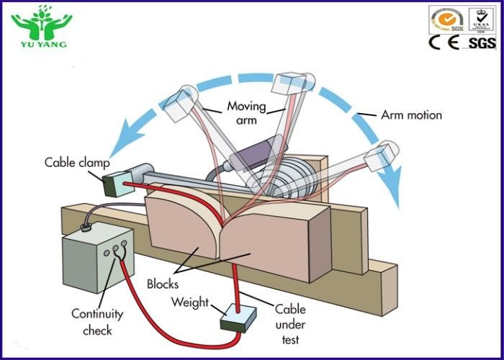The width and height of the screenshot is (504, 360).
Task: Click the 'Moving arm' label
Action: click(x=246, y=113)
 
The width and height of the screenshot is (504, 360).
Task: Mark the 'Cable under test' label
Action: click(x=291, y=323)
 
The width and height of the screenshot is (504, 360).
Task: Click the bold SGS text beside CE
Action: click(x=482, y=43)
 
